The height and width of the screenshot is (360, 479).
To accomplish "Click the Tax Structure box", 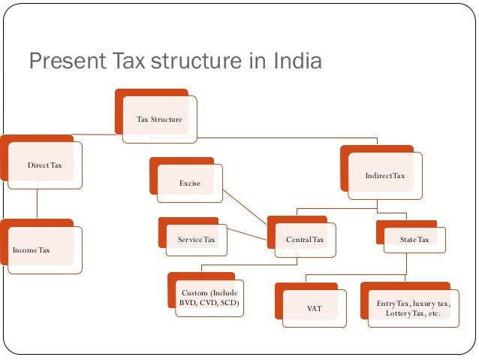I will (x=159, y=119).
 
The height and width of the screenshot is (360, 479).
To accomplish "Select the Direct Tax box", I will (x=44, y=165).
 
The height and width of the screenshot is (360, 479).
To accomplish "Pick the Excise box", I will (x=190, y=183).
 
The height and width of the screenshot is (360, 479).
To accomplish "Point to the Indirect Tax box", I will (x=384, y=176).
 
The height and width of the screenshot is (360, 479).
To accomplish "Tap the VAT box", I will (x=315, y=308).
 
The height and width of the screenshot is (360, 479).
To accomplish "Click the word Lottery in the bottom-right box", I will (x=399, y=313).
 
